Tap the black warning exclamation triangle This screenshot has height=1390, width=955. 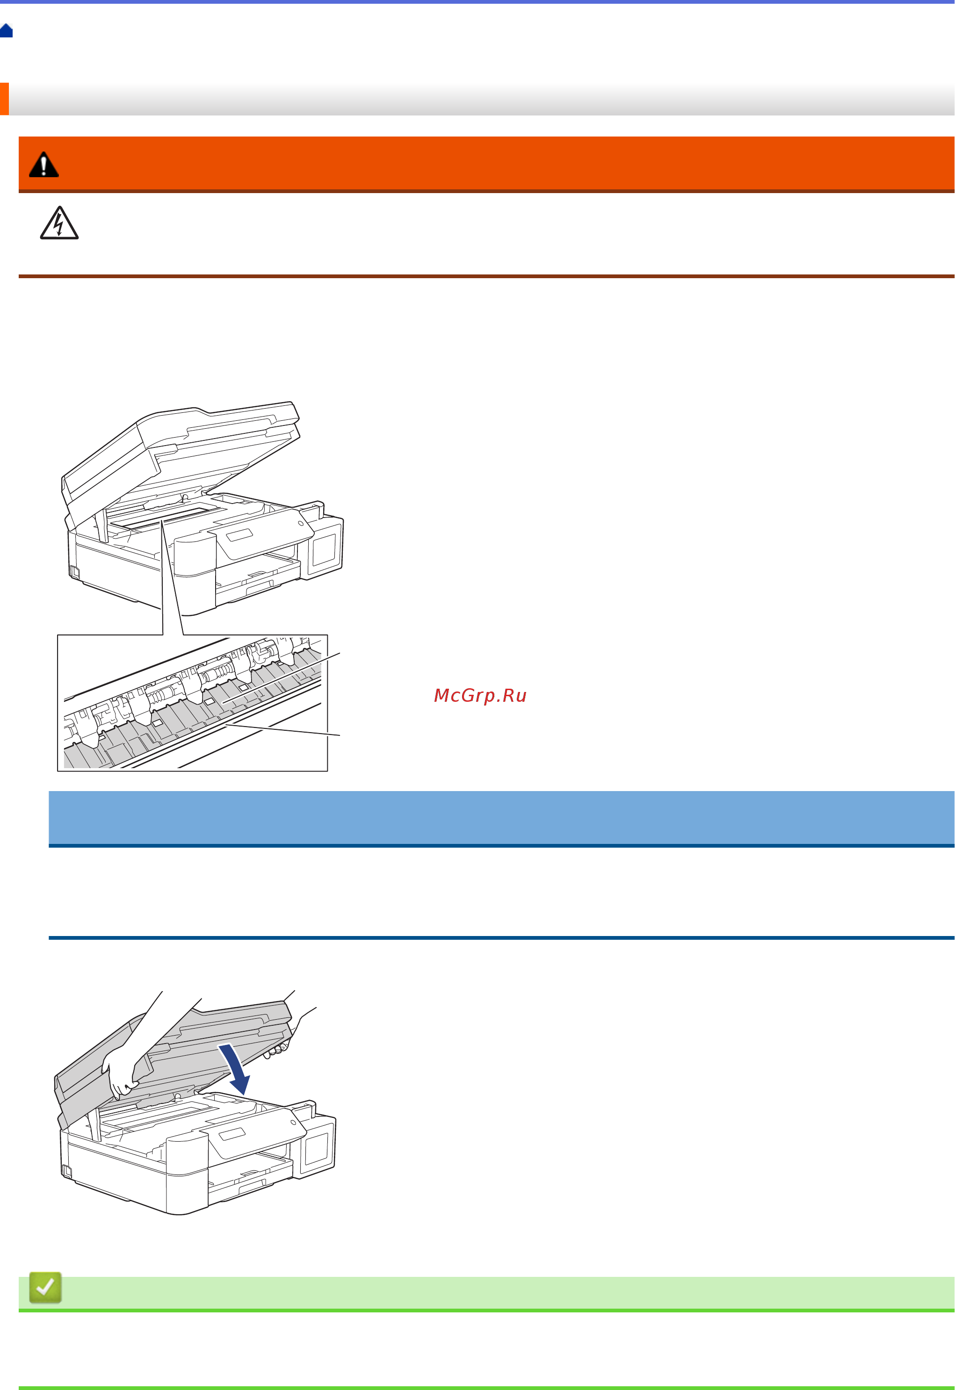coord(43,165)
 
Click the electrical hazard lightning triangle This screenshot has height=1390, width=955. coord(58,223)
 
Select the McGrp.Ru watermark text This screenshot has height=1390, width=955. coord(480,695)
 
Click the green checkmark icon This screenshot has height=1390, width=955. coord(45,1287)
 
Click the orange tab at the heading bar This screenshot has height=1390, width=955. coord(4,99)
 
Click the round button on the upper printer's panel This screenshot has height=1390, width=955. coord(300,523)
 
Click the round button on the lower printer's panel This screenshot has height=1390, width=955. coord(293,1123)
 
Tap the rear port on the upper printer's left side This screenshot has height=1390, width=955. coord(74,571)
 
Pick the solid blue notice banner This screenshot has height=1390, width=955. coord(501,818)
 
